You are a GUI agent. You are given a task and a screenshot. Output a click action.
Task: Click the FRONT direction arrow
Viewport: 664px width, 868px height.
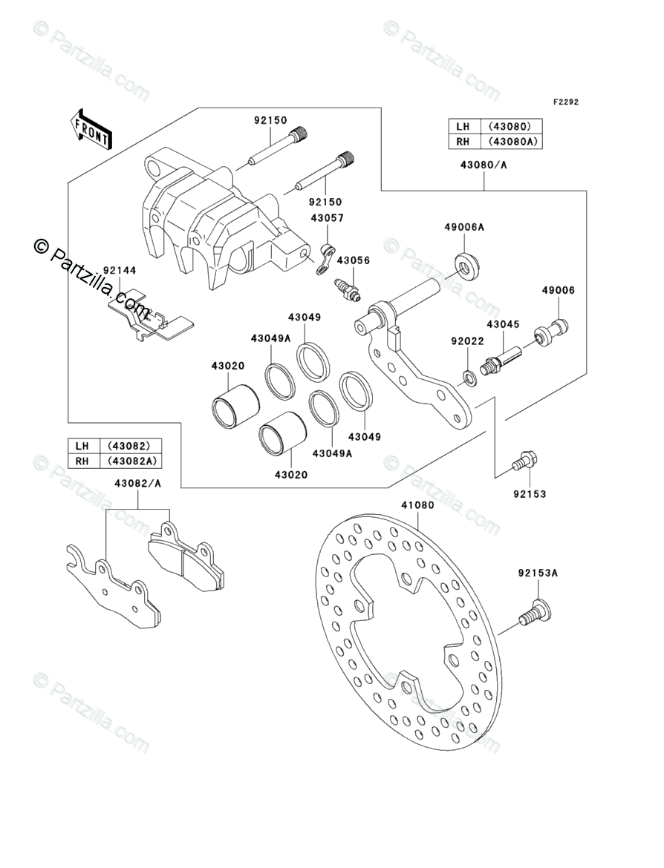pos(91,128)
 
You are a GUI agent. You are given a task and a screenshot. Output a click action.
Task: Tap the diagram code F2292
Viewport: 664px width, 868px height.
pos(565,102)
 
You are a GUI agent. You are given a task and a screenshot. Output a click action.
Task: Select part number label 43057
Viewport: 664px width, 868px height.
pos(327,218)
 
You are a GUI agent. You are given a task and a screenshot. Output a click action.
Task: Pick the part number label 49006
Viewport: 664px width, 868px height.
pos(558,290)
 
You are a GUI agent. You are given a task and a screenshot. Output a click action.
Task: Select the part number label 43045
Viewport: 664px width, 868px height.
pos(504,324)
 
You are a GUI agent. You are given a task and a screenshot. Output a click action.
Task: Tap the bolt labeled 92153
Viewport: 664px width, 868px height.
pos(522,461)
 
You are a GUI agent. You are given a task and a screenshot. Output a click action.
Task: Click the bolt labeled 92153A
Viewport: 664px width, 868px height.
pos(535,614)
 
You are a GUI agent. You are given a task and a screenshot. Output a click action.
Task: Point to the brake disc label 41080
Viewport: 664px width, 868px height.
pos(418,505)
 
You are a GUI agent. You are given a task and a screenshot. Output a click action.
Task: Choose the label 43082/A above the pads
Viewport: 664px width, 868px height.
pos(138,483)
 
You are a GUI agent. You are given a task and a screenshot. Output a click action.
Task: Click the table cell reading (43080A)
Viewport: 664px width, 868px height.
pos(512,142)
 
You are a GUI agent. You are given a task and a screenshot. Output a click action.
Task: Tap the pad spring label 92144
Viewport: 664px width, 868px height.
pos(120,270)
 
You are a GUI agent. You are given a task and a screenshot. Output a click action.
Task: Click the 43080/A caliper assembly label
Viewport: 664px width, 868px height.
pos(484,165)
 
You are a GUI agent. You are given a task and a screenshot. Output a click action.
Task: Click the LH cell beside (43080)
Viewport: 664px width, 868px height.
pos(464,127)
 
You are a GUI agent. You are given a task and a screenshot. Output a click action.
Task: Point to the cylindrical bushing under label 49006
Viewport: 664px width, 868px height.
pos(551,332)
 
